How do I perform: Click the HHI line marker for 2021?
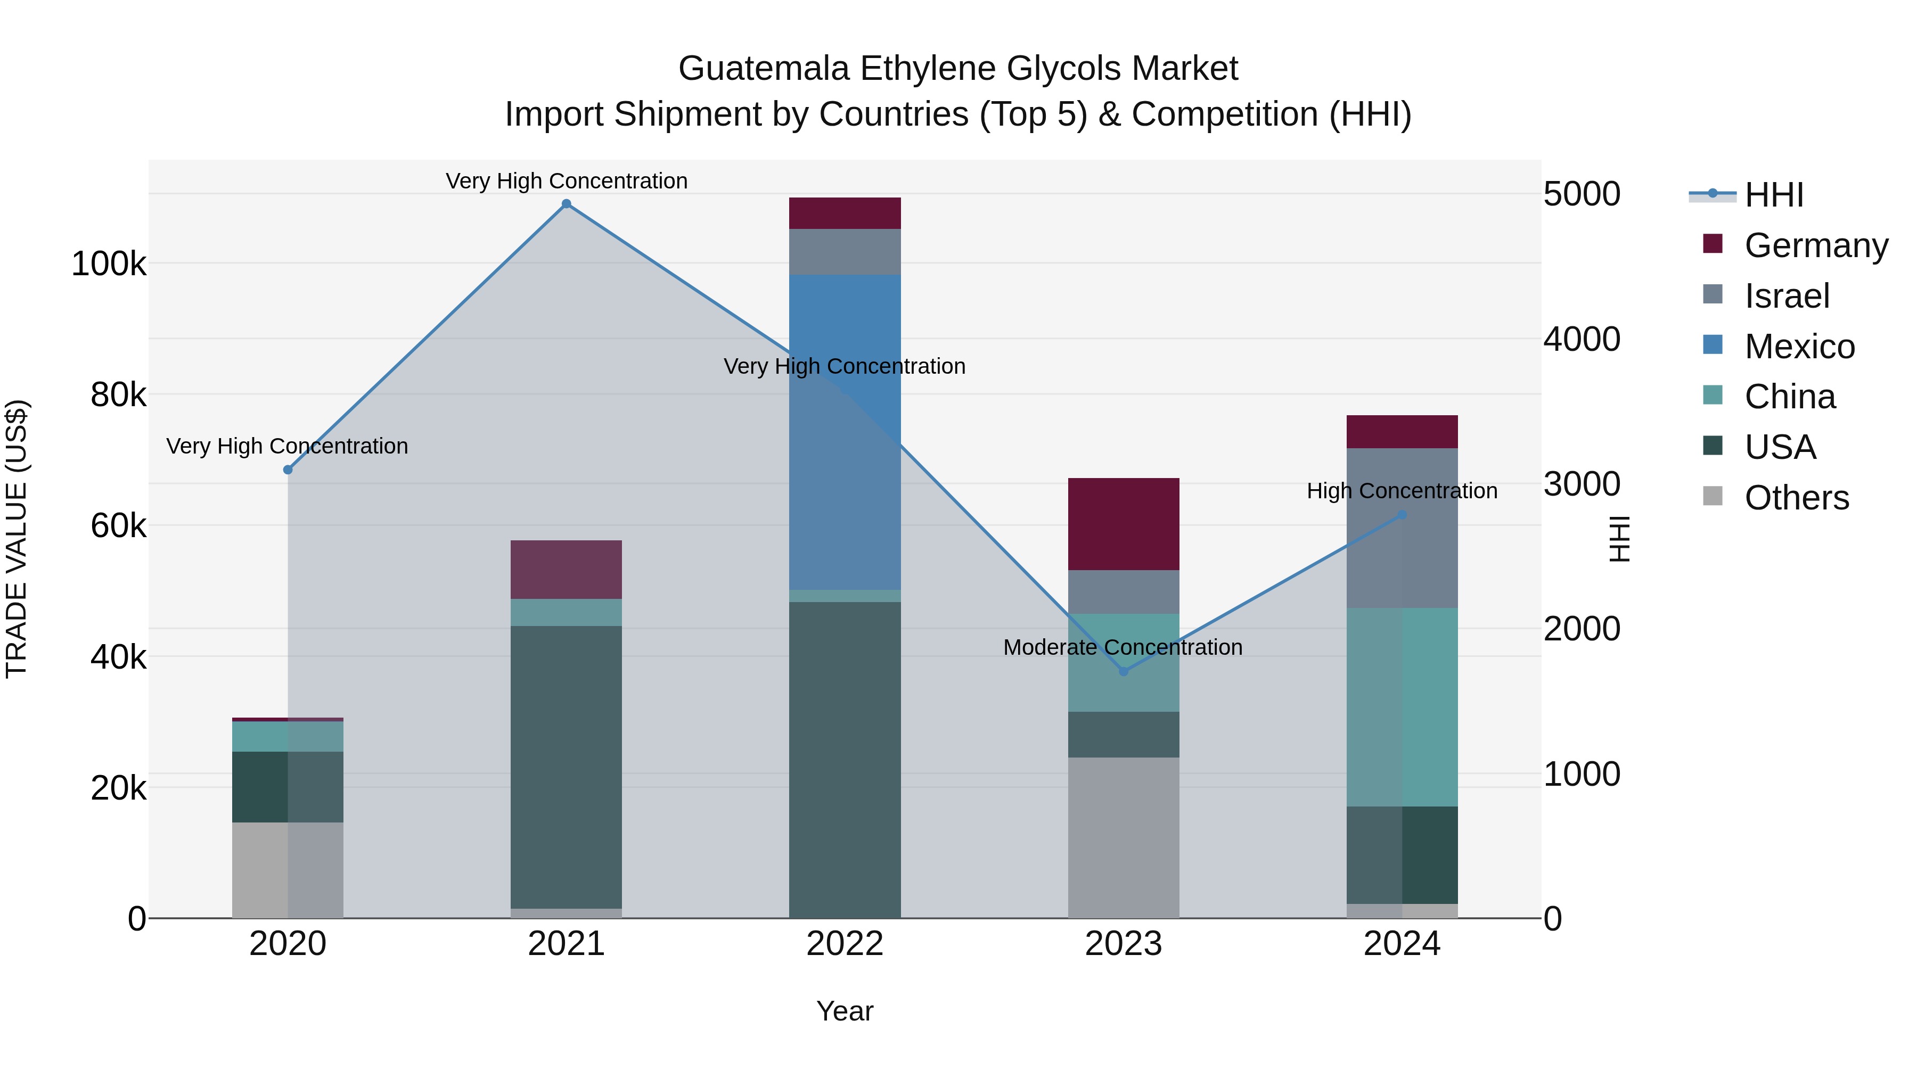click(x=567, y=204)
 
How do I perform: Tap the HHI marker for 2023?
click(x=1124, y=672)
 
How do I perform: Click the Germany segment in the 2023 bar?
click(x=1124, y=524)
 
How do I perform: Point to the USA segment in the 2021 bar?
click(x=567, y=766)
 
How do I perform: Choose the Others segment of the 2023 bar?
click(x=1124, y=837)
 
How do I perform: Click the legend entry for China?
click(x=1789, y=397)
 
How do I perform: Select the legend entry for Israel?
click(x=1786, y=296)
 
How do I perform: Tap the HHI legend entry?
click(x=1773, y=195)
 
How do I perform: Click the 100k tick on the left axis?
click(x=109, y=264)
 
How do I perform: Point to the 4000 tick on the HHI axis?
click(x=1582, y=339)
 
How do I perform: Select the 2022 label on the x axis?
click(x=845, y=944)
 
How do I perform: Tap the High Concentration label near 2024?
click(x=1402, y=491)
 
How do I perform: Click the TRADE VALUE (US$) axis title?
click(x=17, y=539)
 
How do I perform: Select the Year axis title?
click(x=845, y=1011)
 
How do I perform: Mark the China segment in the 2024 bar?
click(x=1402, y=707)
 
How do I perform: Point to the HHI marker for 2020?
click(x=288, y=470)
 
